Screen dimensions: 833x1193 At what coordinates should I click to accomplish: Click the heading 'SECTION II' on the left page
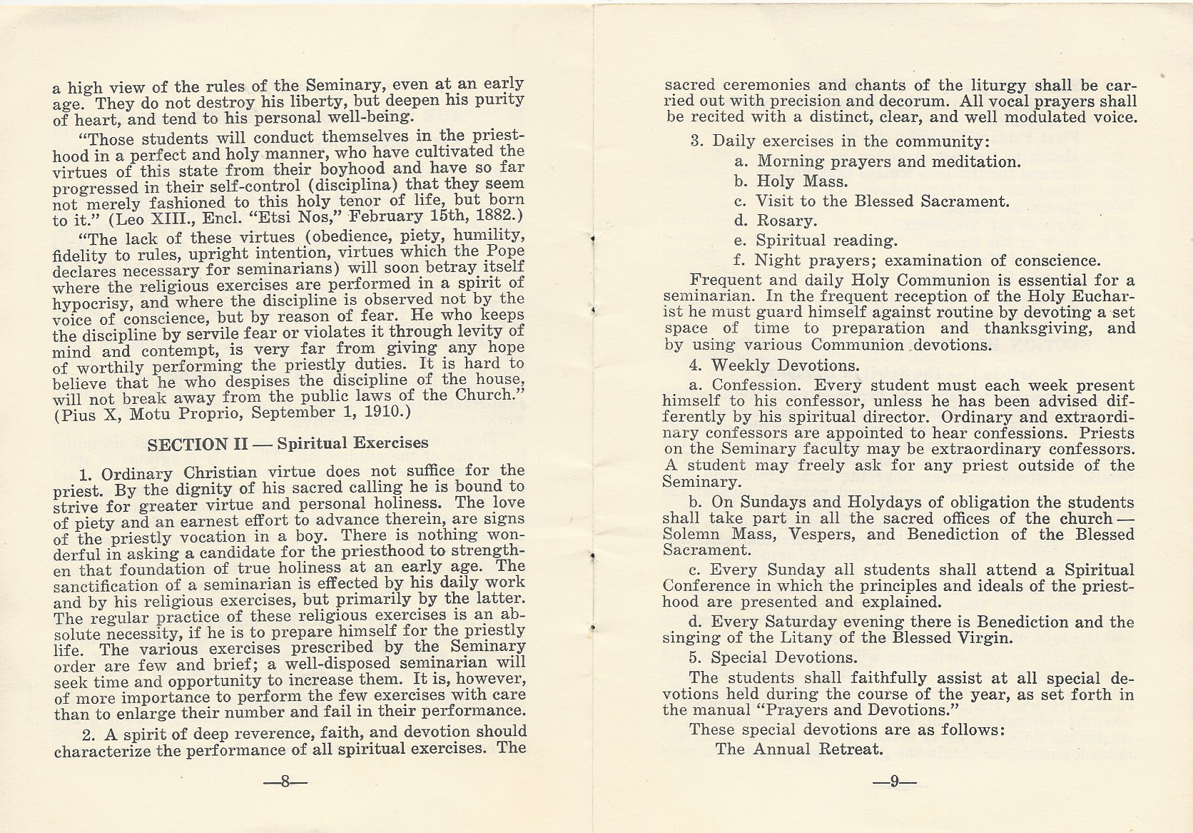[x=197, y=444]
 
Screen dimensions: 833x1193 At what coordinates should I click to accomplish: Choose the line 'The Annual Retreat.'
[x=799, y=749]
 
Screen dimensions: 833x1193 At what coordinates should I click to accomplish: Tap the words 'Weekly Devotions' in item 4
[x=784, y=366]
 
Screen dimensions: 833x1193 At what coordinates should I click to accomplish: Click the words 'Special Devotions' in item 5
[x=784, y=657]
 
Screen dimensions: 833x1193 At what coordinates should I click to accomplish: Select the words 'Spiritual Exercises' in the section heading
[x=352, y=443]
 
